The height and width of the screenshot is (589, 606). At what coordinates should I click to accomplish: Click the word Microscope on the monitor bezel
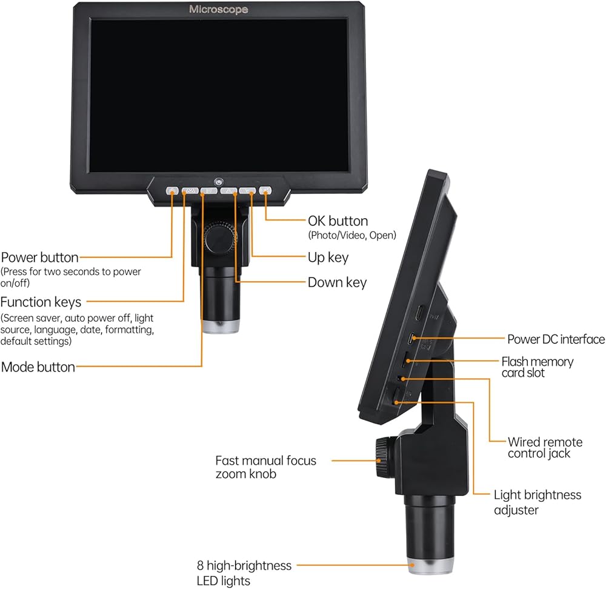tap(218, 9)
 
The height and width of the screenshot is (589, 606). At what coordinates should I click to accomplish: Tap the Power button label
tap(40, 258)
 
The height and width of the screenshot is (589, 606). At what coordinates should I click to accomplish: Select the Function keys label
tap(41, 302)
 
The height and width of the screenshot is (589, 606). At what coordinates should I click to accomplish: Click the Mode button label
tap(38, 367)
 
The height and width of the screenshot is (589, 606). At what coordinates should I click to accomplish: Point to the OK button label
tap(338, 221)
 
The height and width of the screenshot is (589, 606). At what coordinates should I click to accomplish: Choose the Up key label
tap(328, 258)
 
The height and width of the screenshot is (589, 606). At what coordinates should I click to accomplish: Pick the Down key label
tap(337, 282)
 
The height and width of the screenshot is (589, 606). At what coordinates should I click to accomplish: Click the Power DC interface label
tap(556, 339)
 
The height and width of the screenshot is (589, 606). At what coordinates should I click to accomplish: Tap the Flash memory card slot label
tap(537, 367)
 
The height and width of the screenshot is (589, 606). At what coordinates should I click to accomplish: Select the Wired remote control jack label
tap(545, 448)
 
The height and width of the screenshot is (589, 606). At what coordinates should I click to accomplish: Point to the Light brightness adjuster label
tap(537, 502)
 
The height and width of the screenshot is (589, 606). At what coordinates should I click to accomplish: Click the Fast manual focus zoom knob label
tap(265, 467)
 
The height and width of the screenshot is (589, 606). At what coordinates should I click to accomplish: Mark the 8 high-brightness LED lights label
tap(244, 573)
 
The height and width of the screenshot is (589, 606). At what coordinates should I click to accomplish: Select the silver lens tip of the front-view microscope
tap(221, 327)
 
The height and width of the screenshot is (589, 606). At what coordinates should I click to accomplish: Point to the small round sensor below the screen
tap(219, 181)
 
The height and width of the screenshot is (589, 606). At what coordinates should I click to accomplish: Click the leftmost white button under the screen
tap(172, 190)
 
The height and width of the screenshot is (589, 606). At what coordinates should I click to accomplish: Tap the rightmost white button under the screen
tap(265, 190)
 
